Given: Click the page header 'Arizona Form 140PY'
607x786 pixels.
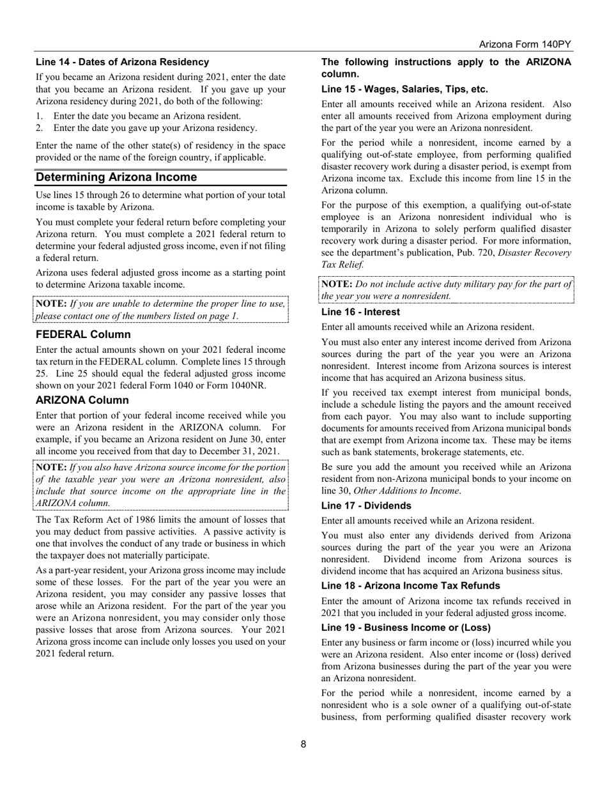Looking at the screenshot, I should pos(525,44).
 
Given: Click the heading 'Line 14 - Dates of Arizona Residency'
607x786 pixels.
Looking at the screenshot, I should pos(122,62).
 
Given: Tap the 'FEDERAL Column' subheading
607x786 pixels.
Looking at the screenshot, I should pos(83,335).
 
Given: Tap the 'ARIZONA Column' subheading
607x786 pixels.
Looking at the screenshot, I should pos(82,400).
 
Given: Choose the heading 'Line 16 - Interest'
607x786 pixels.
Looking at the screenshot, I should pos(360,312).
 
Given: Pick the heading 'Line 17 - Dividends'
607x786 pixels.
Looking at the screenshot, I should pos(366,505).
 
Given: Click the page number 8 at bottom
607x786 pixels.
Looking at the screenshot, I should pos(303,744).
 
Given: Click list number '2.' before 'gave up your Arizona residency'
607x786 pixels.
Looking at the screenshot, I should pos(40,128).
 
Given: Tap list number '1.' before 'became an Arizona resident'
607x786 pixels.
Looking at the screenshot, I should pos(40,116).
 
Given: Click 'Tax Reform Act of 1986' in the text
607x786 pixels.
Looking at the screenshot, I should pos(102,520).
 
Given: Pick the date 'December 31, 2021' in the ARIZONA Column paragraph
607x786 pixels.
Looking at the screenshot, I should pos(239,452).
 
